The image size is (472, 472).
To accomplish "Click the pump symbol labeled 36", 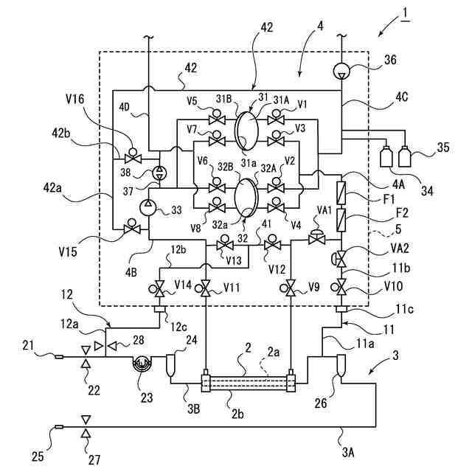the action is click(x=341, y=71).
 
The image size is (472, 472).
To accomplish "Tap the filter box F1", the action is click(x=341, y=193).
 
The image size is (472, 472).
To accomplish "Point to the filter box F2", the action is click(x=341, y=221).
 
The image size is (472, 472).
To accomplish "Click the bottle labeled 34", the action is click(x=386, y=156).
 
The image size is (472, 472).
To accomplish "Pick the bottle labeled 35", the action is click(x=404, y=156).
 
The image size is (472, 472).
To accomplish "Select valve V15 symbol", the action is click(x=132, y=227).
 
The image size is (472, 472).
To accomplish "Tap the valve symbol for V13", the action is click(x=224, y=243).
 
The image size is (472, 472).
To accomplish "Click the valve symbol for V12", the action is click(x=272, y=243).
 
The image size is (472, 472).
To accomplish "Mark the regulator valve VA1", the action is click(x=317, y=237).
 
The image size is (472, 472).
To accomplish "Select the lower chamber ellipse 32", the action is click(x=246, y=198).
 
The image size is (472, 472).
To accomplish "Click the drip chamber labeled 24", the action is click(x=170, y=366).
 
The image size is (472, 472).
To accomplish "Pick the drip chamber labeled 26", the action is click(x=341, y=366).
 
